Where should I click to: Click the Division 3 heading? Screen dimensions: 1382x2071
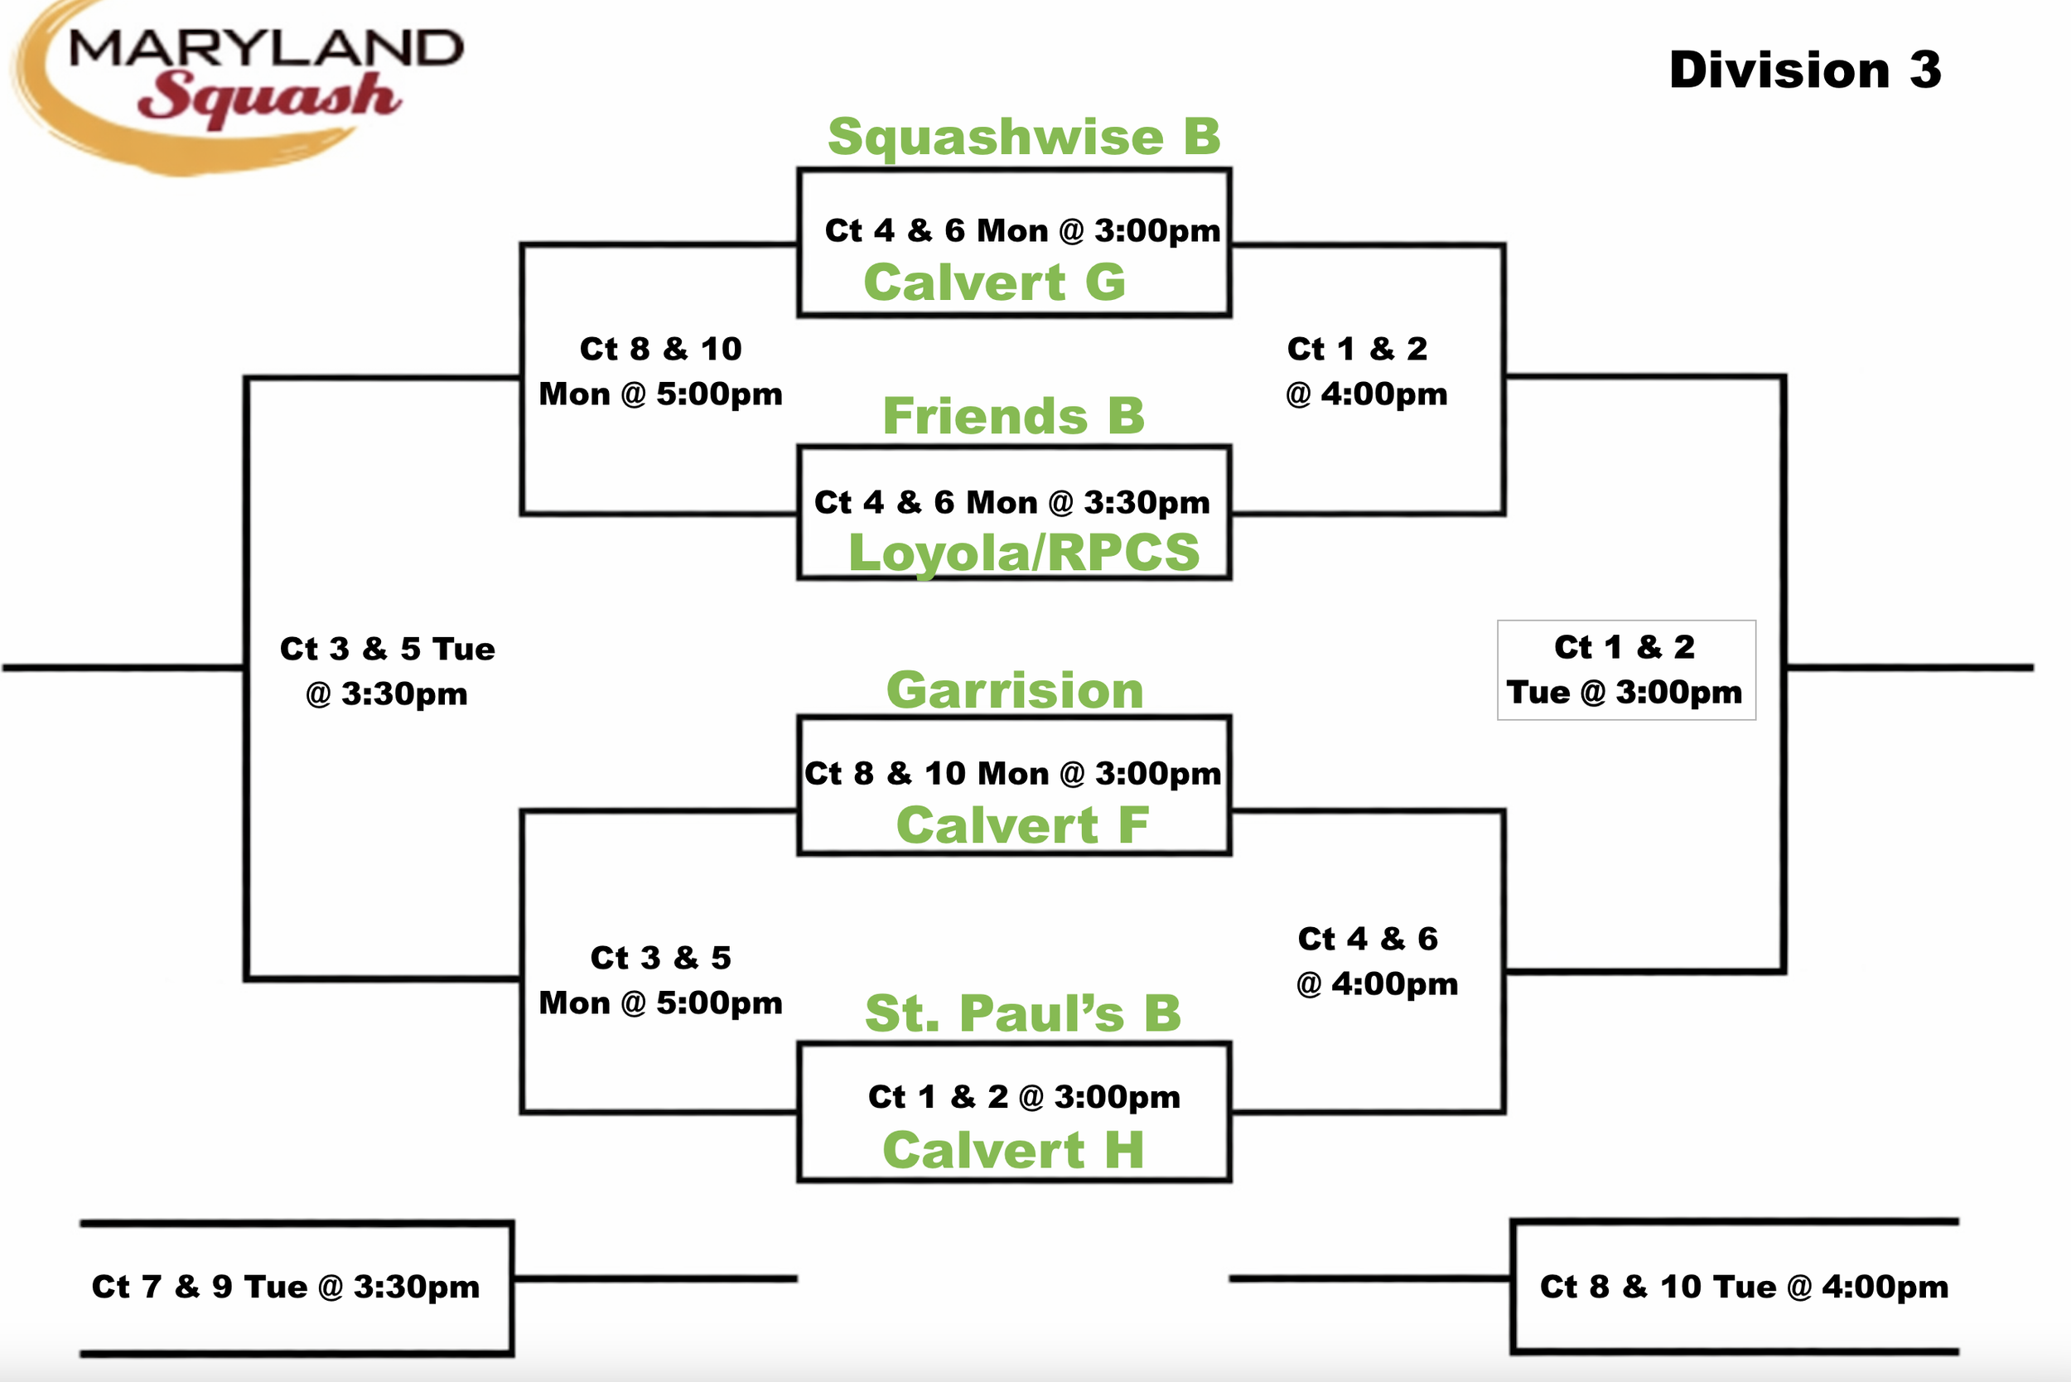point(1805,70)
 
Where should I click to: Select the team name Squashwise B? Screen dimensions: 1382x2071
point(1024,137)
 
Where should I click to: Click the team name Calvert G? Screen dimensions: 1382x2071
point(995,282)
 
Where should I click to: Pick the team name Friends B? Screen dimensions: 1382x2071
point(1013,415)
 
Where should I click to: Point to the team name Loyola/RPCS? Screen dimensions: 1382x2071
point(1023,553)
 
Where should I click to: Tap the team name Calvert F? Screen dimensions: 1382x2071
point(1022,825)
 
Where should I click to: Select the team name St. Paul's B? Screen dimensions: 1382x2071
point(1023,1012)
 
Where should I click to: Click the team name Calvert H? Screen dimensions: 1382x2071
point(1013,1150)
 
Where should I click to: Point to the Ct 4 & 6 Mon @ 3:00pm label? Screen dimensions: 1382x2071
point(1022,231)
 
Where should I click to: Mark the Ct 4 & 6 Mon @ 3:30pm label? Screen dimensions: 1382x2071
point(1011,502)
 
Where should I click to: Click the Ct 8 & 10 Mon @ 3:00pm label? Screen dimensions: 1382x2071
point(1012,774)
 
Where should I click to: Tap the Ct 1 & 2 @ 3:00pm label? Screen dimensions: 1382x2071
point(1024,1097)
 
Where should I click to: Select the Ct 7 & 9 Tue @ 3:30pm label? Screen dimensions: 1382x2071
point(286,1287)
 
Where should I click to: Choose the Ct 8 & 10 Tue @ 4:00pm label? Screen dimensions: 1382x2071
point(1744,1287)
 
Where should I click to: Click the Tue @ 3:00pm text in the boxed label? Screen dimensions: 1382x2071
point(1624,693)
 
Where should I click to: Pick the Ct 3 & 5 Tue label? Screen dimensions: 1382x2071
point(387,649)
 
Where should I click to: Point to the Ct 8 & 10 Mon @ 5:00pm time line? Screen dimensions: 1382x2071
point(660,394)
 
